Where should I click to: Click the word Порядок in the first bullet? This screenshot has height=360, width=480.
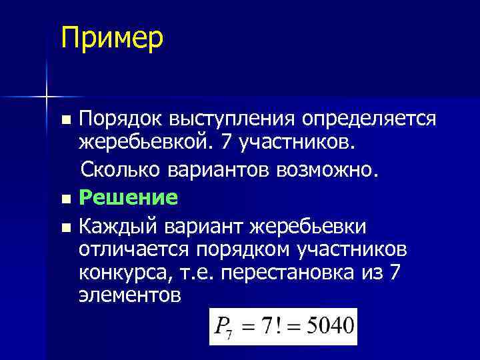[121, 119]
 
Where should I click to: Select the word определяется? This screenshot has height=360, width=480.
[370, 119]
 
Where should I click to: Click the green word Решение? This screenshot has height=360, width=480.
[128, 197]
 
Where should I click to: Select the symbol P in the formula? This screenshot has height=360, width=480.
[221, 327]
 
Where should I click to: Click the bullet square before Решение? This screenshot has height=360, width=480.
[65, 199]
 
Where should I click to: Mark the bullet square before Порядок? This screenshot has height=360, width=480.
[65, 121]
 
